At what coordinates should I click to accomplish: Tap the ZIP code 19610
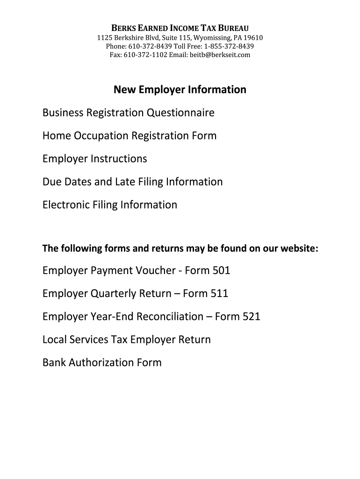coord(253,38)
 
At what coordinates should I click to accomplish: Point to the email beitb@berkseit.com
coord(220,55)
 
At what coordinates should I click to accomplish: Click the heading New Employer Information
coord(180,89)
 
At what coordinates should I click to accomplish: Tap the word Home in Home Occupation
coord(55,136)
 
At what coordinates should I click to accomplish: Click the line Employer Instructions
coord(94,159)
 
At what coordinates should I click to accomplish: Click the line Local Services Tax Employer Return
coord(126,339)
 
